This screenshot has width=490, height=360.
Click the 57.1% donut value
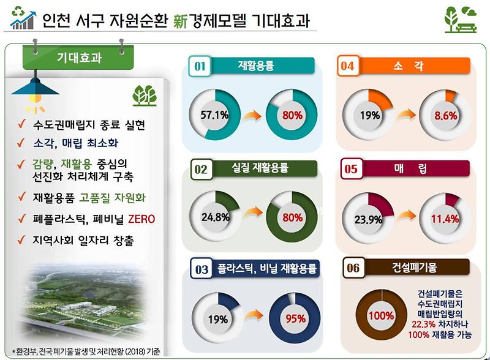(212, 115)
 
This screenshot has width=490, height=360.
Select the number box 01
(199, 66)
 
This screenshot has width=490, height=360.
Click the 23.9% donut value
(369, 219)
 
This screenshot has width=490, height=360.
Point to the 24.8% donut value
(215, 217)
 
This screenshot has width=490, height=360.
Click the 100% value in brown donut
(380, 315)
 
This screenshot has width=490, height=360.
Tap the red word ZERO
(141, 219)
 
